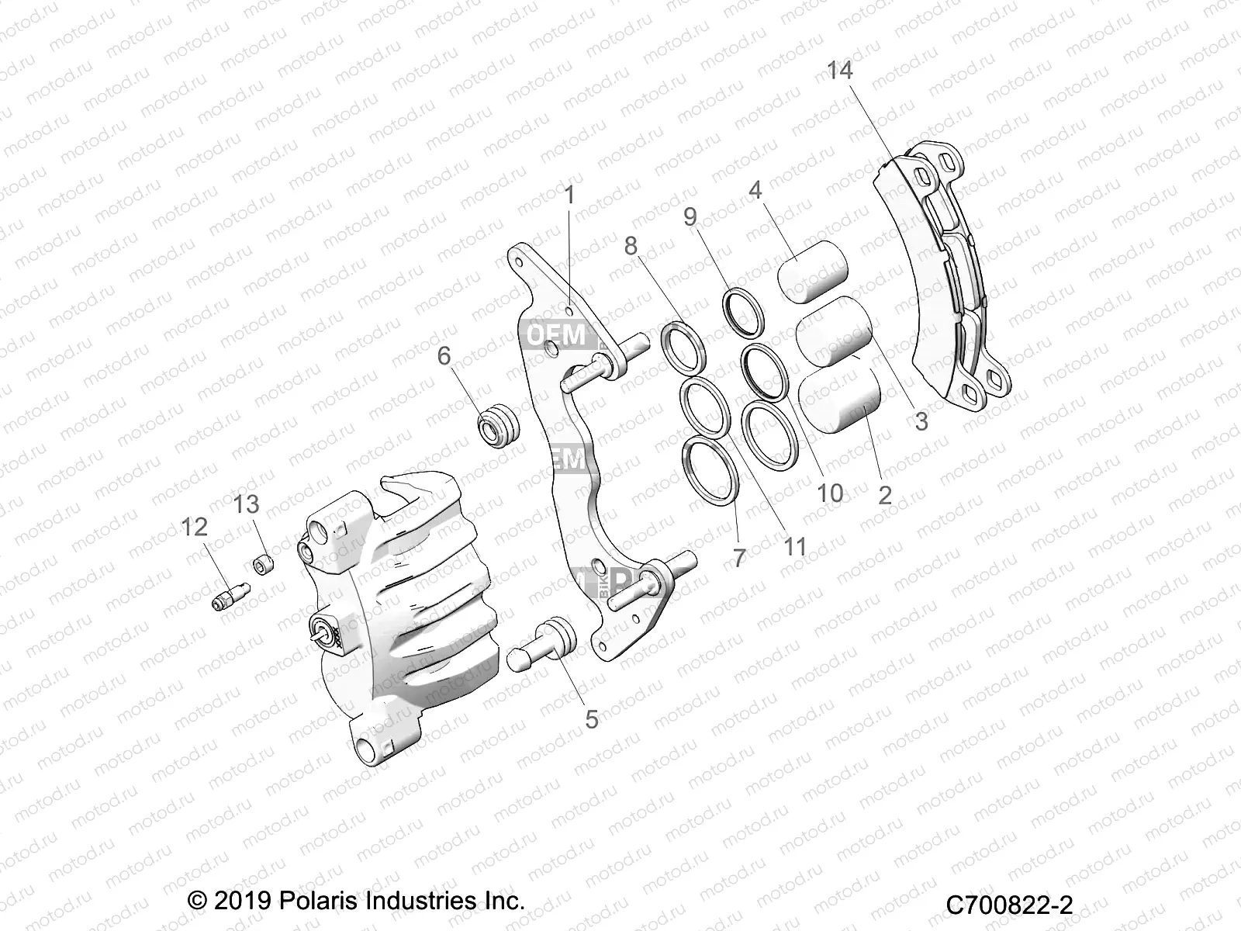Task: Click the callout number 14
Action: coord(839,71)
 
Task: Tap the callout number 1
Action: coord(570,195)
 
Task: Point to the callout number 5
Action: coord(592,719)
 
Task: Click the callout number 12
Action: coord(195,527)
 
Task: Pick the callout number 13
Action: coord(246,504)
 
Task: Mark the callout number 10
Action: coord(830,493)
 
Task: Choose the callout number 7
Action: coord(739,557)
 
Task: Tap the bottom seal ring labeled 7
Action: coord(710,471)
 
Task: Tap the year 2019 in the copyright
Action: coord(240,901)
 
